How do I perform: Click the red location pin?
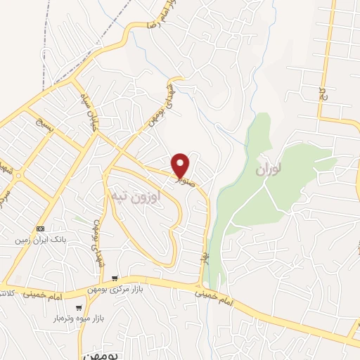coord(181,165)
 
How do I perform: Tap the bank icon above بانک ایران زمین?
coord(40,229)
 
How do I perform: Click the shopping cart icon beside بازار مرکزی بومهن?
coord(115,280)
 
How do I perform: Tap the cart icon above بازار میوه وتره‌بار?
coord(79,308)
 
